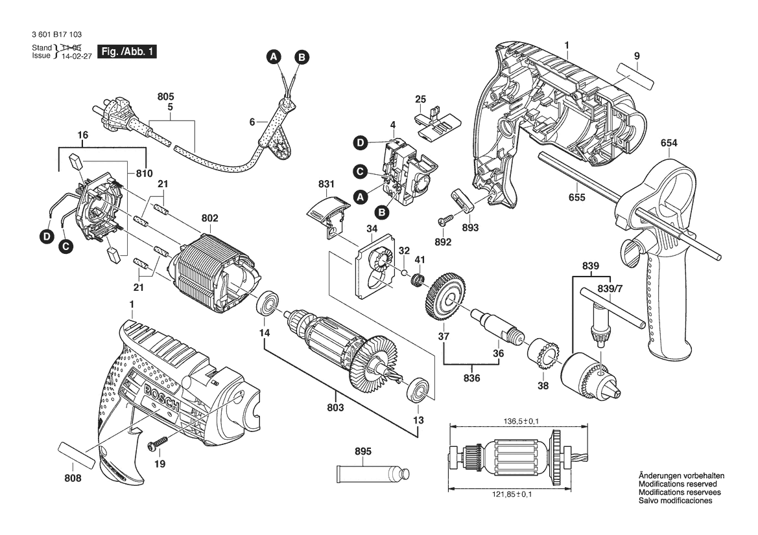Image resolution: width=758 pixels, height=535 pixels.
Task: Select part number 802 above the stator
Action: click(x=210, y=218)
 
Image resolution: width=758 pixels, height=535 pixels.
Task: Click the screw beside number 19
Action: click(x=158, y=442)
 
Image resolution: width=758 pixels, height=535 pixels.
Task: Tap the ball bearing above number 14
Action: click(x=268, y=305)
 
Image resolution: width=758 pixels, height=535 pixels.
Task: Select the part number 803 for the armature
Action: click(x=336, y=407)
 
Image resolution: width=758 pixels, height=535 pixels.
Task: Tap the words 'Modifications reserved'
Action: click(x=678, y=484)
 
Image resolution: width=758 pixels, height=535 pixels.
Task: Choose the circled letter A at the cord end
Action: click(x=274, y=57)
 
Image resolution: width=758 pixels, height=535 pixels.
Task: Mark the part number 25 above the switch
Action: click(x=420, y=99)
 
